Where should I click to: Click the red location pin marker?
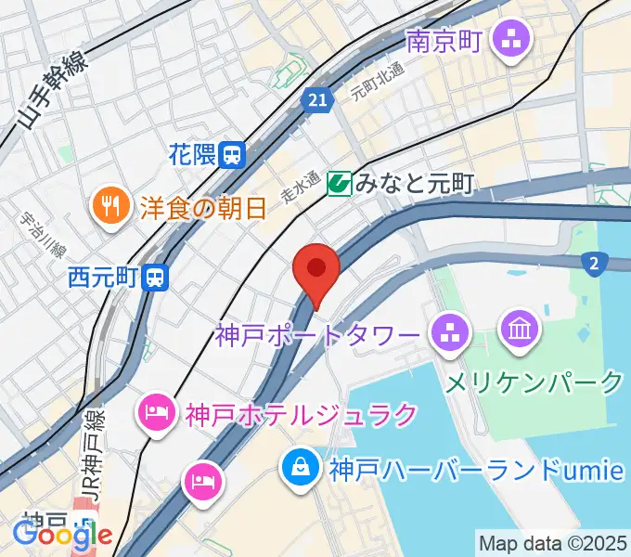coord(316,271)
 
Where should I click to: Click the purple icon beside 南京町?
coord(511,40)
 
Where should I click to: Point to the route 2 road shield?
coord(593,265)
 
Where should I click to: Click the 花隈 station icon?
coord(232,155)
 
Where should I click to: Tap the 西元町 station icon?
coord(157,276)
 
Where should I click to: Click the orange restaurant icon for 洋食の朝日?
coord(111,205)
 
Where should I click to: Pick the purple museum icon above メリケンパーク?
coord(517,329)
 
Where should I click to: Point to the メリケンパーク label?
coord(535,382)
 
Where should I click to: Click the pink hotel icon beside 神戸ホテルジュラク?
coord(154,411)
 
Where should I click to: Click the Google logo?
coord(61,534)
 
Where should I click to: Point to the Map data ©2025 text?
coord(552,542)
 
